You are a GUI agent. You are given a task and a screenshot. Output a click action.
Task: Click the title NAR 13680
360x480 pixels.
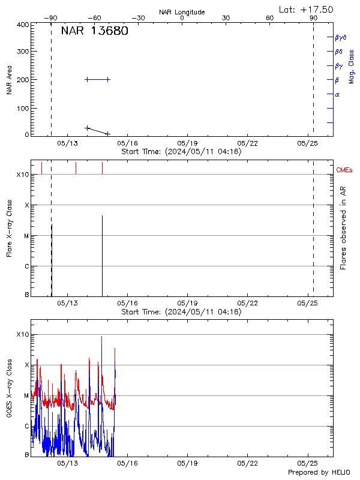pyautogui.click(x=94, y=31)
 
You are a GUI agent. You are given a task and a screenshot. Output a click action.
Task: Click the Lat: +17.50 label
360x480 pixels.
pyautogui.click(x=306, y=9)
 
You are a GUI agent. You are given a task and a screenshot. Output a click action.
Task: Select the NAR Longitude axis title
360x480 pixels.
pyautogui.click(x=182, y=12)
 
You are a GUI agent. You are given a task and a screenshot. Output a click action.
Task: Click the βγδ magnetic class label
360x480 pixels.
pyautogui.click(x=341, y=37)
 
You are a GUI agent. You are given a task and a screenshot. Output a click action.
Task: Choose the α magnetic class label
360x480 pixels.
pyautogui.click(x=337, y=94)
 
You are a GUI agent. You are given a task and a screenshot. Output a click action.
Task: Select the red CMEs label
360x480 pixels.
pyautogui.click(x=344, y=170)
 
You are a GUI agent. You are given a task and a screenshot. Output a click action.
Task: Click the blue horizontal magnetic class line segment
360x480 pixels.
pyautogui.click(x=97, y=79)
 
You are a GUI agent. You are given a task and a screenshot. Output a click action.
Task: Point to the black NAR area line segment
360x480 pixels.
pyautogui.click(x=97, y=131)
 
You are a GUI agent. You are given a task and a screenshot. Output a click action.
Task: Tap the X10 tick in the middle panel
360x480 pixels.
pyautogui.click(x=22, y=175)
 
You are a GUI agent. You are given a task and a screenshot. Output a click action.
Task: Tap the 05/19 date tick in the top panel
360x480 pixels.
pyautogui.click(x=188, y=143)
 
